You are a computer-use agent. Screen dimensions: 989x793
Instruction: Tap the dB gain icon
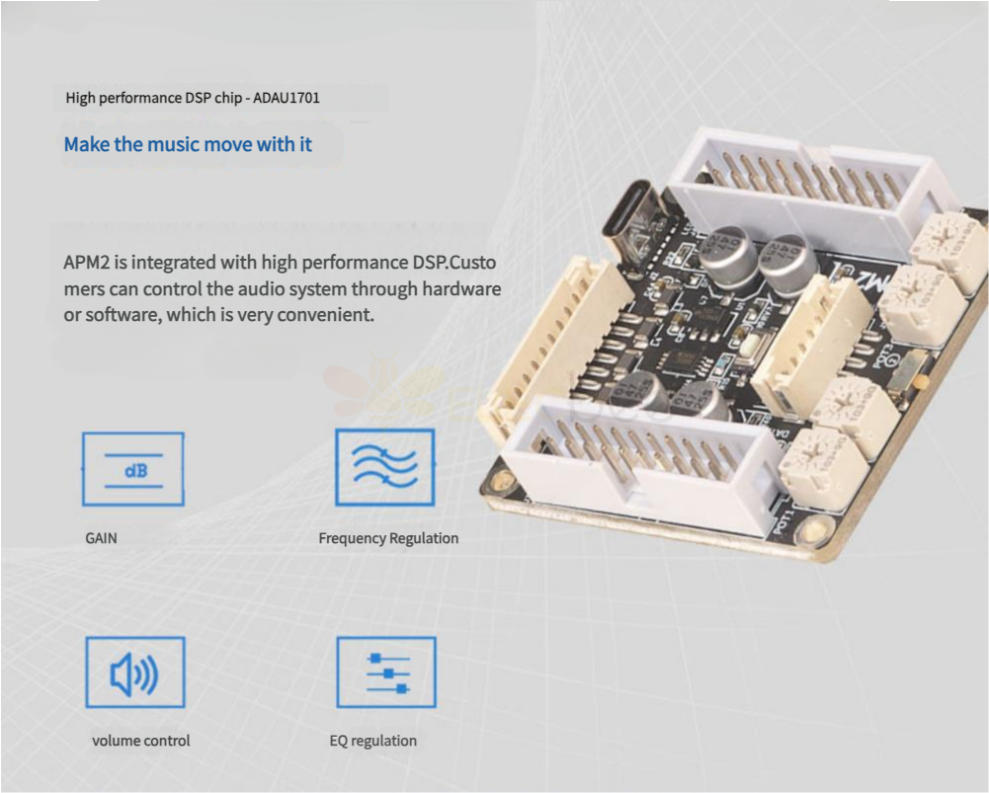tap(133, 469)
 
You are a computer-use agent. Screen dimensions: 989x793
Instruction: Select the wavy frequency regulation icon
tap(384, 467)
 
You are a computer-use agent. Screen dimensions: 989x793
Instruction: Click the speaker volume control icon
tap(135, 673)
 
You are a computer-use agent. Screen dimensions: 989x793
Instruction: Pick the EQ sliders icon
tap(386, 673)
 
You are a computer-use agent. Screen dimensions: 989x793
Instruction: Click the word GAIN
tap(101, 538)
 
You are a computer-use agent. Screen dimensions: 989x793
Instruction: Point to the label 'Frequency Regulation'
tap(388, 538)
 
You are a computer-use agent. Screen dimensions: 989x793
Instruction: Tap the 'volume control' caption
tap(140, 741)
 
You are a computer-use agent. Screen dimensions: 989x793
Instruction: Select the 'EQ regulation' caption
tap(373, 741)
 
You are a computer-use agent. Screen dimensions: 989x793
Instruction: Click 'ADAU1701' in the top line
tap(287, 98)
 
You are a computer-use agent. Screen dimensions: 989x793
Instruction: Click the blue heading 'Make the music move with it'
tap(188, 144)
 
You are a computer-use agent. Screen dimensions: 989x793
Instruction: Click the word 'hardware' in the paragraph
tap(461, 288)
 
